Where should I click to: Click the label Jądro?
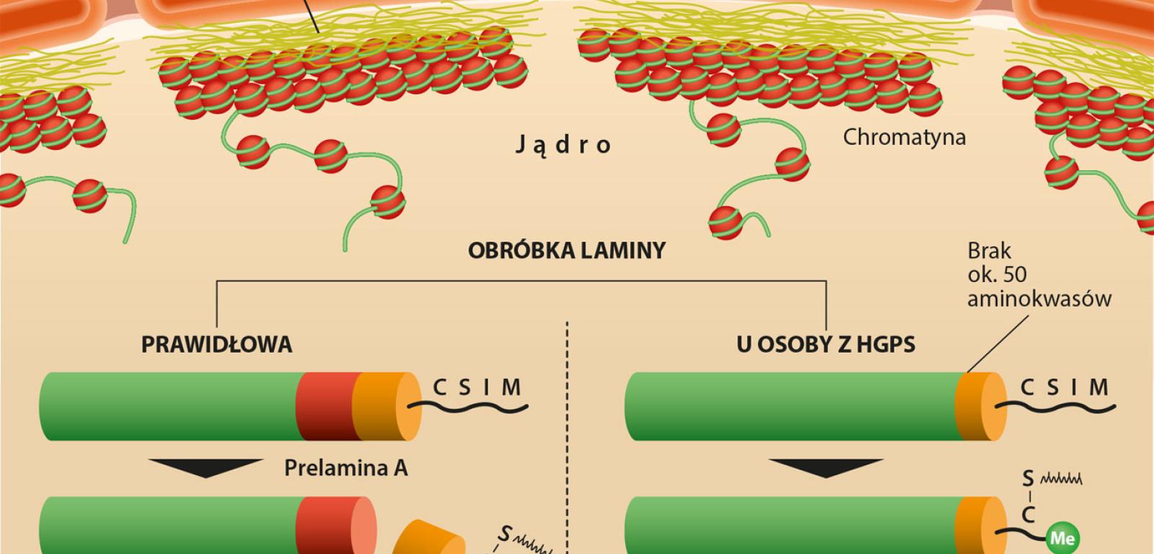(563, 145)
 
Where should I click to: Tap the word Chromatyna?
(904, 137)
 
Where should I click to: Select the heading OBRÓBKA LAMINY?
(567, 251)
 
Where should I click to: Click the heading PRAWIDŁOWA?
(216, 345)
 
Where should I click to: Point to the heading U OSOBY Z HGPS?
(826, 345)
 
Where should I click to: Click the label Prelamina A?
(345, 468)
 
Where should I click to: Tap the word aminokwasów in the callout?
(1039, 299)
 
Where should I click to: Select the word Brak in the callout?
(989, 251)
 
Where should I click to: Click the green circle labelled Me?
(1062, 538)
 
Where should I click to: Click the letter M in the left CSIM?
(511, 388)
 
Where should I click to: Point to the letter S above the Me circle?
(1029, 479)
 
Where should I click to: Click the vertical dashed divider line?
(568, 433)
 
